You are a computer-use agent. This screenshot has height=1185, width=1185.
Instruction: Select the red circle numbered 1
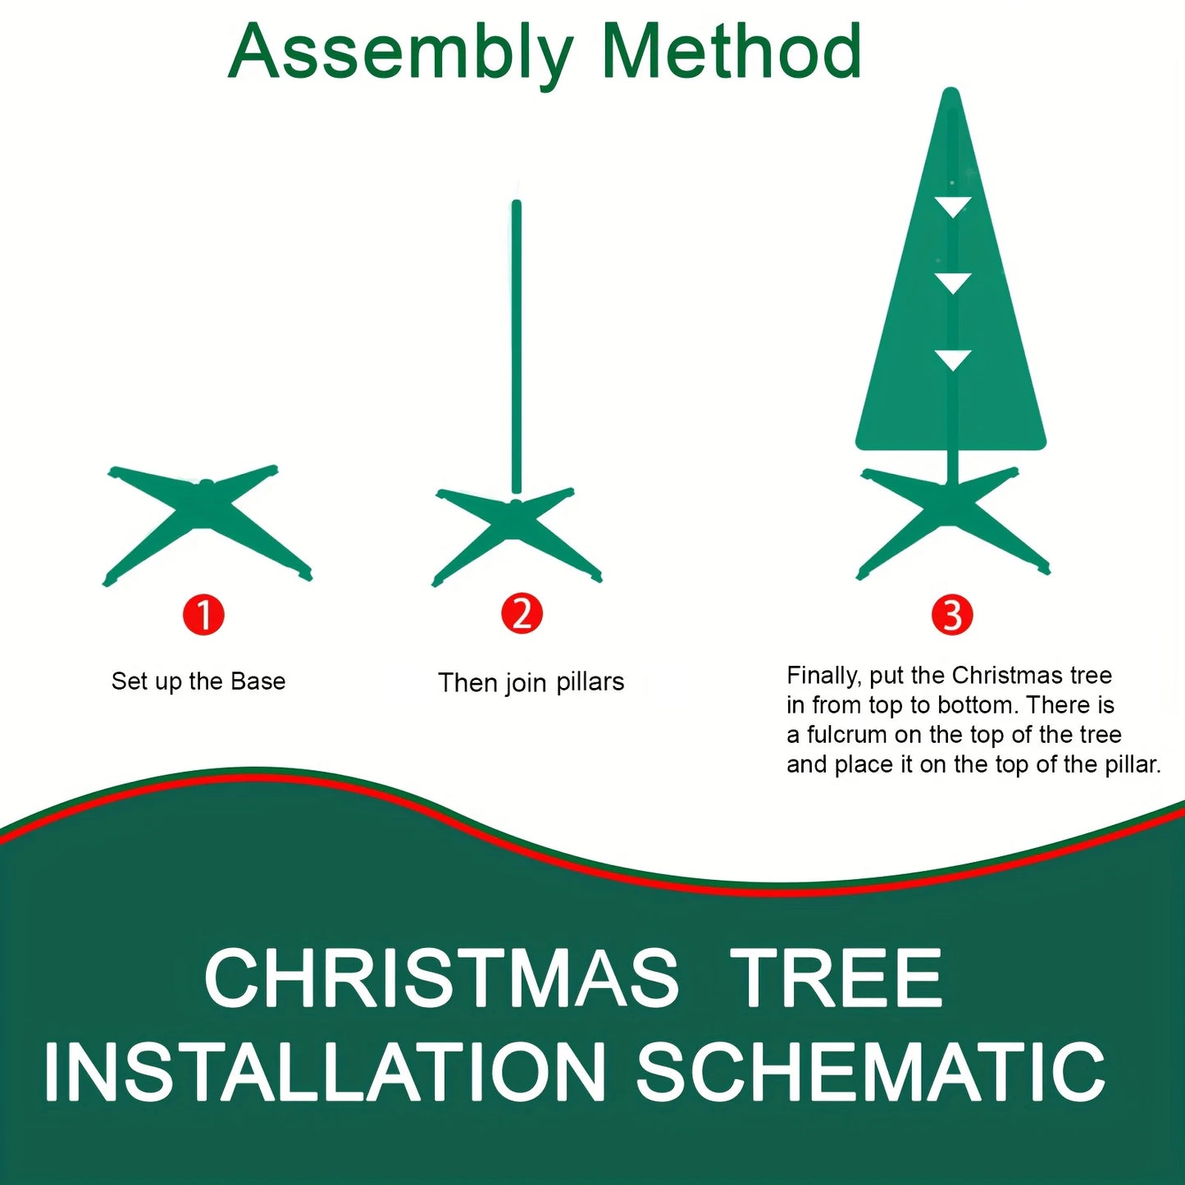click(x=203, y=615)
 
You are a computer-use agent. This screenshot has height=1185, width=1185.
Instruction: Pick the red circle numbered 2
click(x=522, y=613)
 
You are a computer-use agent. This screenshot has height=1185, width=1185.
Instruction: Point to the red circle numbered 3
click(x=952, y=615)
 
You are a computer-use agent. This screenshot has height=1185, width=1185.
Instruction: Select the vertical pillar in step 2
click(x=517, y=344)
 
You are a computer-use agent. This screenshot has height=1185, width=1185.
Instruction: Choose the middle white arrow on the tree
click(x=952, y=283)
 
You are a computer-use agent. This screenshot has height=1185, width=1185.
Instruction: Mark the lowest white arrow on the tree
click(x=952, y=359)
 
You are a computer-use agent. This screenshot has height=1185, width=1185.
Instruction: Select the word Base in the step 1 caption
click(x=258, y=681)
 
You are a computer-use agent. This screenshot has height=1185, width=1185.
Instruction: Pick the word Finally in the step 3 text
click(x=823, y=676)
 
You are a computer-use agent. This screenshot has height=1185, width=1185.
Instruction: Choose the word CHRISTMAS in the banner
click(x=441, y=978)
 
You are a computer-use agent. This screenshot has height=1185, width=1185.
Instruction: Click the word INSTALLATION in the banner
click(x=325, y=1072)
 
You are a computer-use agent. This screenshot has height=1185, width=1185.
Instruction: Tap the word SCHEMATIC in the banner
click(x=871, y=1072)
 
